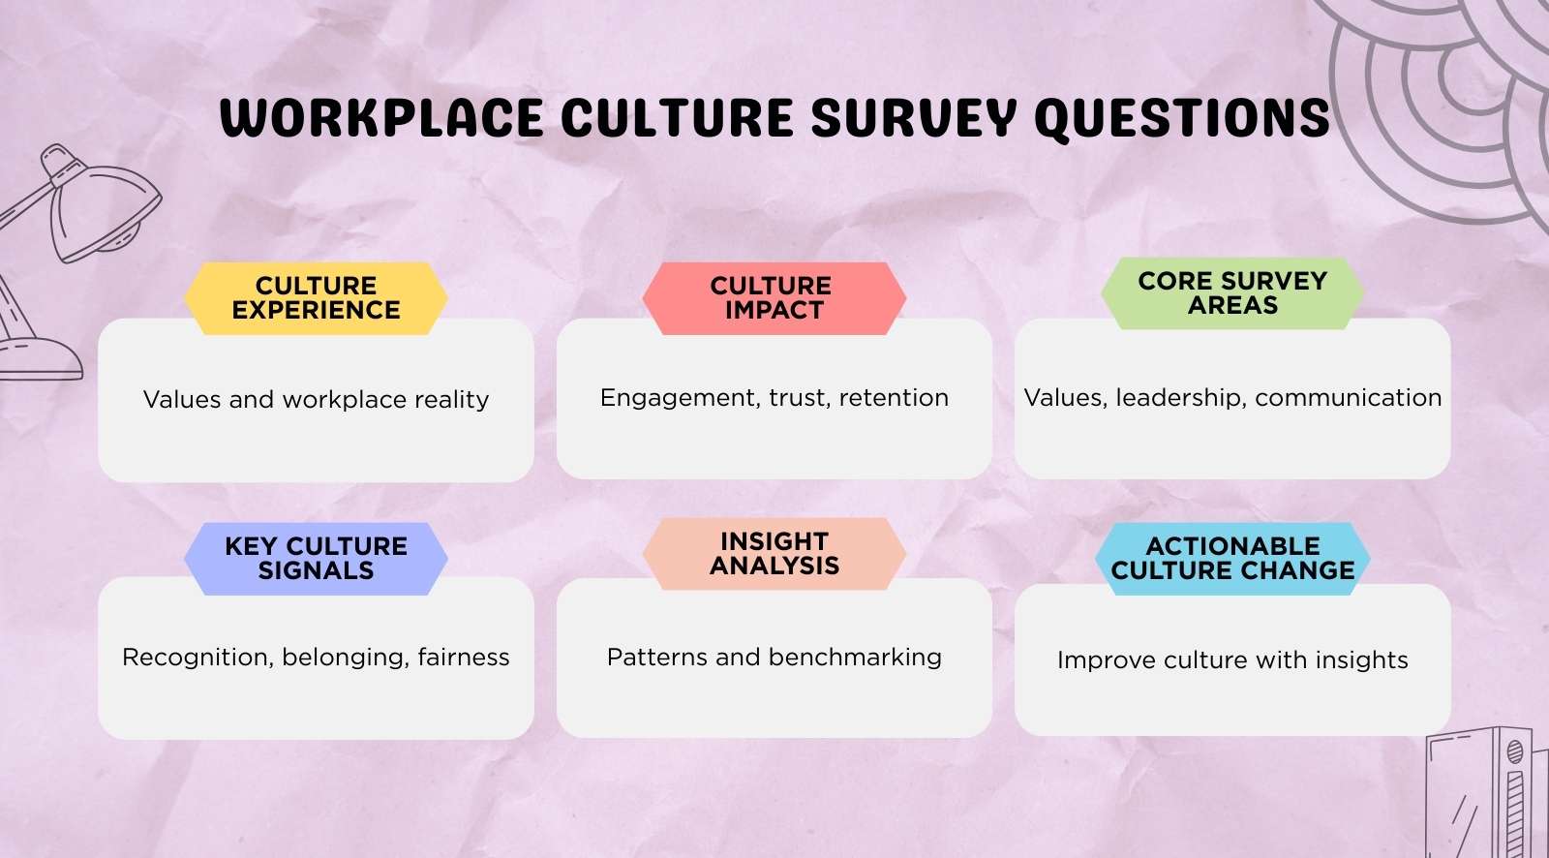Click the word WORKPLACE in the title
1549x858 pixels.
[380, 118]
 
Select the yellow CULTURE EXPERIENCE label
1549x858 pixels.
[316, 298]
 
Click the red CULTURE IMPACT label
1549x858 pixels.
[773, 298]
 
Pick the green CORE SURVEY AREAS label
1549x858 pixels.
[1232, 293]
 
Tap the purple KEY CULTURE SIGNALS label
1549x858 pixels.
[316, 559]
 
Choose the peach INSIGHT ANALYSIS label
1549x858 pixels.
[774, 554]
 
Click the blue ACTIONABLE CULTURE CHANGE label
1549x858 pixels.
[1232, 559]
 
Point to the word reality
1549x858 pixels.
[452, 400]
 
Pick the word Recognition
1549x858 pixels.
[196, 658]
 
